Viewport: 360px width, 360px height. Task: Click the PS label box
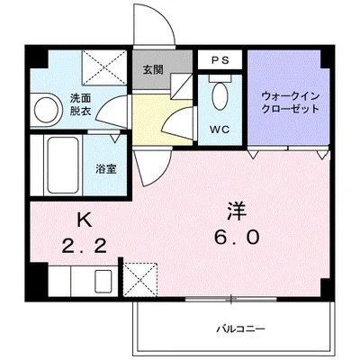[x=220, y=59]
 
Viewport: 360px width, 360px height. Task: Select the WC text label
[x=220, y=130]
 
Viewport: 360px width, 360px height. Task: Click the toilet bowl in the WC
[x=220, y=96]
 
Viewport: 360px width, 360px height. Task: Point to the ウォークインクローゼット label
[x=290, y=103]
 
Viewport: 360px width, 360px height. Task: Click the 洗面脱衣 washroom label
[x=81, y=104]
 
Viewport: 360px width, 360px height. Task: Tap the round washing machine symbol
[x=46, y=110]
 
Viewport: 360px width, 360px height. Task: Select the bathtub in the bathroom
[x=63, y=166]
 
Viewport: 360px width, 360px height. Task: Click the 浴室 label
[x=106, y=169]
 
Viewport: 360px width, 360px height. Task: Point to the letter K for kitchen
[x=85, y=221]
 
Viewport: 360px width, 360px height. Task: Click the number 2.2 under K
[x=85, y=247]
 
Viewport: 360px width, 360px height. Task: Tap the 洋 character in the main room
[x=237, y=211]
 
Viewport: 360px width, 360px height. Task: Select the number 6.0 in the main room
[x=237, y=238]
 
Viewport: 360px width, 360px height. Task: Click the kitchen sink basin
[x=103, y=281]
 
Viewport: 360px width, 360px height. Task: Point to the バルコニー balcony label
[x=241, y=329]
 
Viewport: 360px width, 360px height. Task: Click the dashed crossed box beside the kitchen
[x=140, y=280]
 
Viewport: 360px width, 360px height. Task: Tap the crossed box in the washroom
[x=104, y=67]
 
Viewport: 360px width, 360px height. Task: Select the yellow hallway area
[x=162, y=120]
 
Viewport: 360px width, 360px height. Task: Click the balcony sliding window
[x=230, y=300]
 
